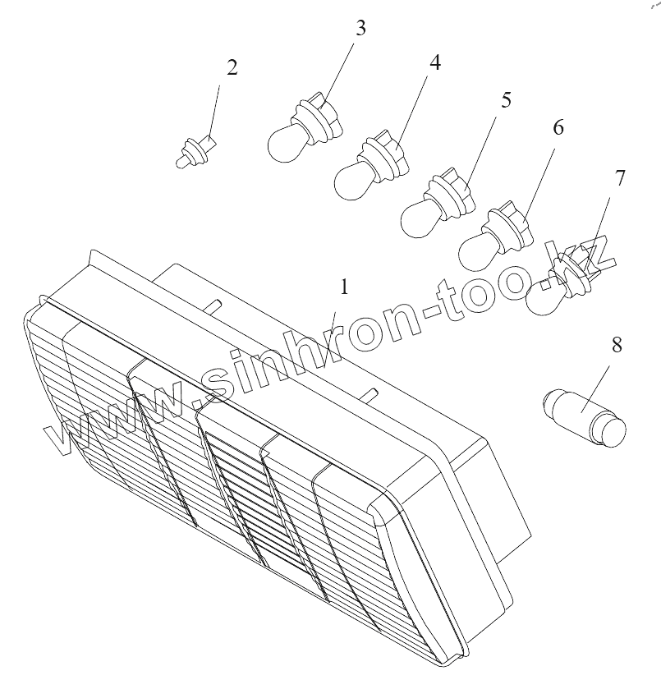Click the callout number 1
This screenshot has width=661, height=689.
point(345,287)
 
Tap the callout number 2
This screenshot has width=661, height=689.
point(232,67)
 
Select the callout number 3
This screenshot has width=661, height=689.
point(360,28)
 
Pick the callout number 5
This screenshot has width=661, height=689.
point(506,99)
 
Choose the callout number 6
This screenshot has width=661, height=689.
point(558,127)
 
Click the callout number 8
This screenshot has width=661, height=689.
point(617,344)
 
